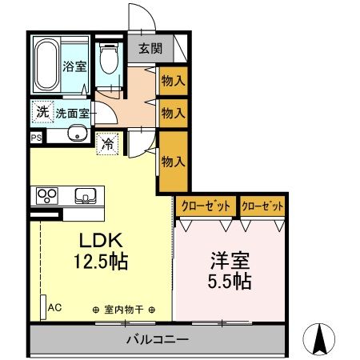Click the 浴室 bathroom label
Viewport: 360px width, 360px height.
point(75,67)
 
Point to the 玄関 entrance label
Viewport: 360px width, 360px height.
point(150,49)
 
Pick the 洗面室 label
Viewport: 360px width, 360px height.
point(72,113)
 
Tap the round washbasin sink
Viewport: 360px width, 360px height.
point(76,134)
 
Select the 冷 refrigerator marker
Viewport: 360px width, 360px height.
point(108,145)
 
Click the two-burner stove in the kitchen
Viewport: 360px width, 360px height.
point(46,194)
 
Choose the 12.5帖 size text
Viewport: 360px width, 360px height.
point(101,261)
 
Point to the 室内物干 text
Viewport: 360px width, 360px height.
point(123,309)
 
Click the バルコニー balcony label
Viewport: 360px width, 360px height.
point(158,339)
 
